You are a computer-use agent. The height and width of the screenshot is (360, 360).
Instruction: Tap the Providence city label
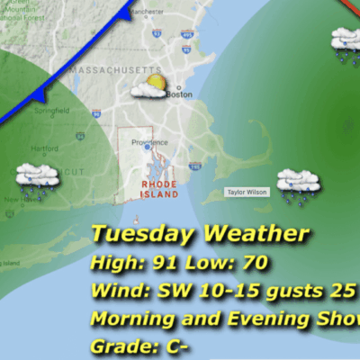[148, 142]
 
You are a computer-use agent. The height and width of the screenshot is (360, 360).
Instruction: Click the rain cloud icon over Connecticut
[37, 178]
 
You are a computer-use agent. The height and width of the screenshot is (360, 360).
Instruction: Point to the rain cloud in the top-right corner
[347, 43]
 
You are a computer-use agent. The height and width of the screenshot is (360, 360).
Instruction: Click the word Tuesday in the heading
[142, 234]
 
